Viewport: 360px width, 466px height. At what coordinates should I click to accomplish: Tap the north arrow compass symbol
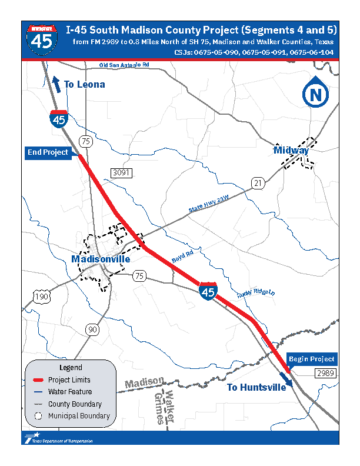click(x=316, y=94)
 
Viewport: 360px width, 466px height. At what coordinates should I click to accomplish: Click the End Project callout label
click(x=48, y=152)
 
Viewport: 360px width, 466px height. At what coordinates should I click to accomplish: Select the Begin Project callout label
click(x=311, y=359)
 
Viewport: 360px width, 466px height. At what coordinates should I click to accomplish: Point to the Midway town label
click(x=291, y=151)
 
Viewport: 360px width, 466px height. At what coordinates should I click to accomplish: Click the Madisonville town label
click(x=101, y=259)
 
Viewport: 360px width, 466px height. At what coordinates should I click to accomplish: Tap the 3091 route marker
click(x=121, y=173)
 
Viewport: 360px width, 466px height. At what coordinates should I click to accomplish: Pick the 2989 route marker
click(x=325, y=374)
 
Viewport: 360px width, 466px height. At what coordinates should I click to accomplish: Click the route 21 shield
click(x=256, y=183)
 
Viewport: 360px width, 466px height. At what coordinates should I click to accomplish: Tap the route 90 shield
click(x=92, y=329)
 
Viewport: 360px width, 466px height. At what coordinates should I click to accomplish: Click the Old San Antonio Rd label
click(x=124, y=65)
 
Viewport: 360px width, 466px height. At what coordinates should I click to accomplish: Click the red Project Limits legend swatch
click(x=36, y=380)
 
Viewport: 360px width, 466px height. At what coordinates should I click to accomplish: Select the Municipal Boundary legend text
click(x=79, y=416)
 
